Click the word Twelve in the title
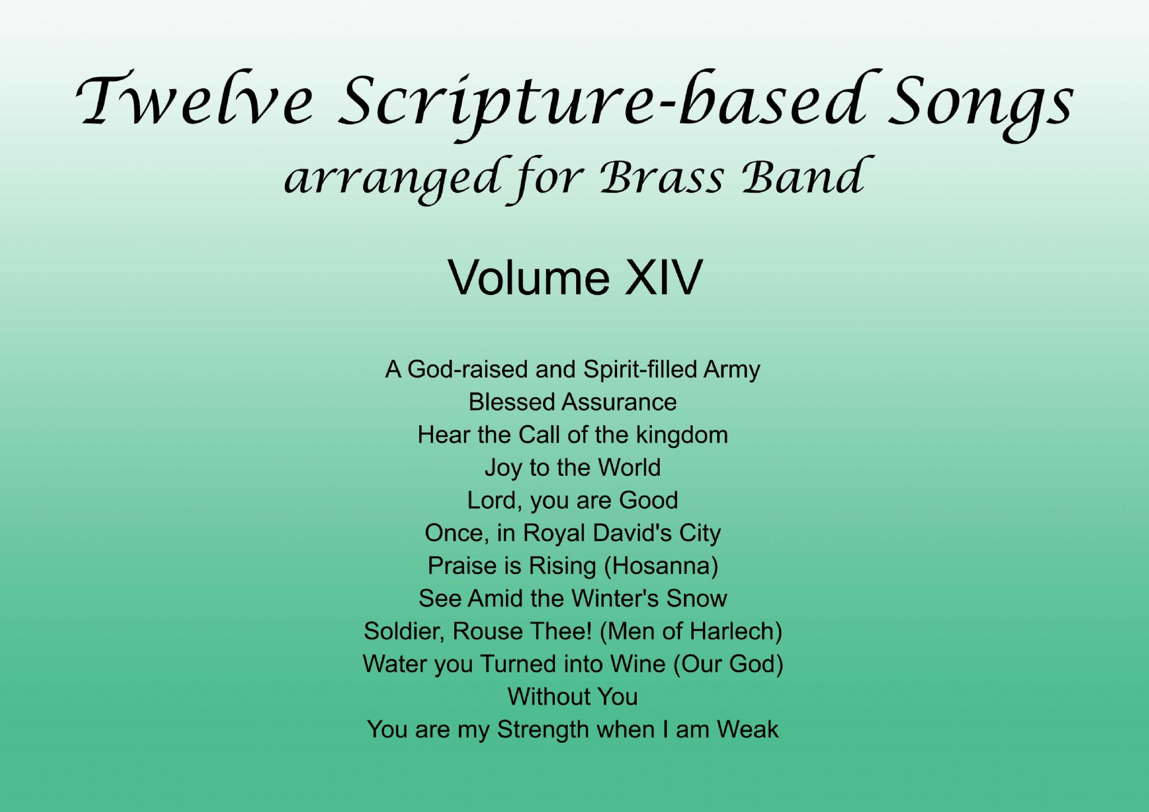tap(194, 100)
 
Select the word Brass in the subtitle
tap(661, 177)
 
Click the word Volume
tap(528, 277)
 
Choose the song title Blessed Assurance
tap(573, 402)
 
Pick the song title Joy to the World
tap(573, 468)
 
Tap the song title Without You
tap(573, 697)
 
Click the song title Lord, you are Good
tap(573, 501)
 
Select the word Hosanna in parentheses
tap(661, 566)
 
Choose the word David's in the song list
tap(632, 533)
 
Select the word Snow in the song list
tap(696, 599)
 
